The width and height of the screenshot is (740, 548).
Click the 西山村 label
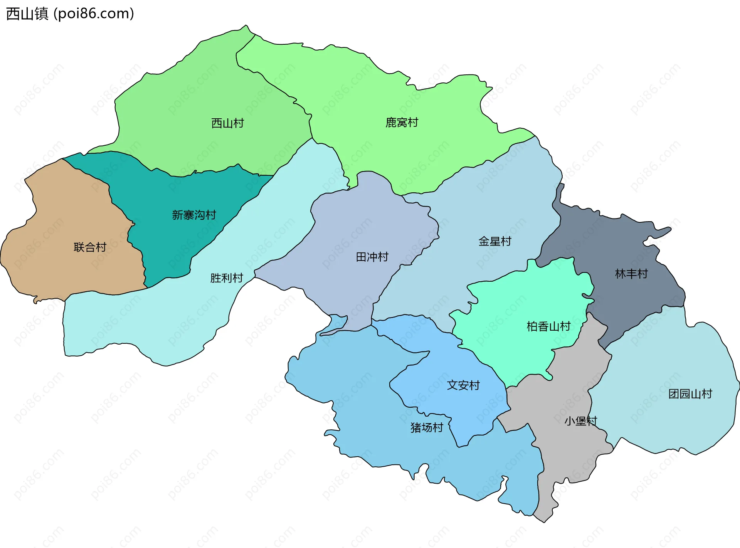[x=227, y=123]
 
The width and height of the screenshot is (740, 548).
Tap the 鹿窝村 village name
[x=402, y=123]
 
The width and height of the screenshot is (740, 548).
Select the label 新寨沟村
[x=194, y=215]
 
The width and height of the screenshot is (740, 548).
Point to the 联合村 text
[x=90, y=247]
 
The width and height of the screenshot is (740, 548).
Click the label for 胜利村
[x=226, y=278]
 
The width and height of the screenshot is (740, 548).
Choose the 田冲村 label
[x=372, y=257]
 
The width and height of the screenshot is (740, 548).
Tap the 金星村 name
[x=494, y=242]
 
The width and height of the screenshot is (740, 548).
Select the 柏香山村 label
[x=548, y=327]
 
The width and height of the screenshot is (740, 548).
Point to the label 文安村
[x=463, y=385]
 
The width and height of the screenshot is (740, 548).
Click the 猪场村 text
[x=427, y=428]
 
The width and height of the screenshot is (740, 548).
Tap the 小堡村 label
[x=580, y=421]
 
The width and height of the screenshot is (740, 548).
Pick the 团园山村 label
[x=690, y=394]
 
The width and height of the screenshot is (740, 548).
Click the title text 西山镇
[x=27, y=14]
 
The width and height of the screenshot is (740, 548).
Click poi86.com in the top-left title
[x=94, y=14]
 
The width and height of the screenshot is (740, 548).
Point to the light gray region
[x=559, y=455]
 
